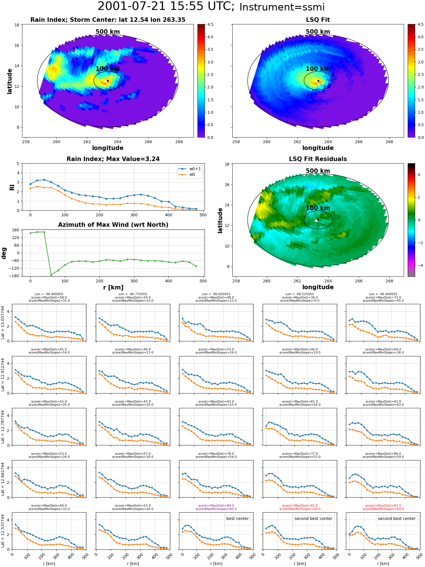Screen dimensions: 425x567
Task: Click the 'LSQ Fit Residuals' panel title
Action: point(318,159)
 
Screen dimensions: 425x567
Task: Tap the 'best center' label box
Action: point(237,519)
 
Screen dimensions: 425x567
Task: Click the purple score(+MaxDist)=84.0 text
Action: point(216,505)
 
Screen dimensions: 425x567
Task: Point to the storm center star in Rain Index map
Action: point(108,81)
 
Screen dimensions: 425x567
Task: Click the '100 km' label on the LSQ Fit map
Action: point(318,69)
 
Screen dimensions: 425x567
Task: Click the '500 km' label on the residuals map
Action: point(318,171)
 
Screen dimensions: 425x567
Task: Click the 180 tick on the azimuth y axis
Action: point(16,230)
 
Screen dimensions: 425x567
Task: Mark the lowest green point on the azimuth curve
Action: point(51,275)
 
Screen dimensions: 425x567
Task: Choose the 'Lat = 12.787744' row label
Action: point(3,427)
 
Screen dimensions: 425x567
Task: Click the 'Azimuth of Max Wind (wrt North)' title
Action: point(113,225)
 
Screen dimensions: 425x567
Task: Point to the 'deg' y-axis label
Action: point(4,253)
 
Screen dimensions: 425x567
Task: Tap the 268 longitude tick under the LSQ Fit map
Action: point(389,142)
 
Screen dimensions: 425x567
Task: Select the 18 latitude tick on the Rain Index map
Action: point(17,25)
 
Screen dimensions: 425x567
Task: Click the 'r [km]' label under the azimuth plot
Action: point(113,287)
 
